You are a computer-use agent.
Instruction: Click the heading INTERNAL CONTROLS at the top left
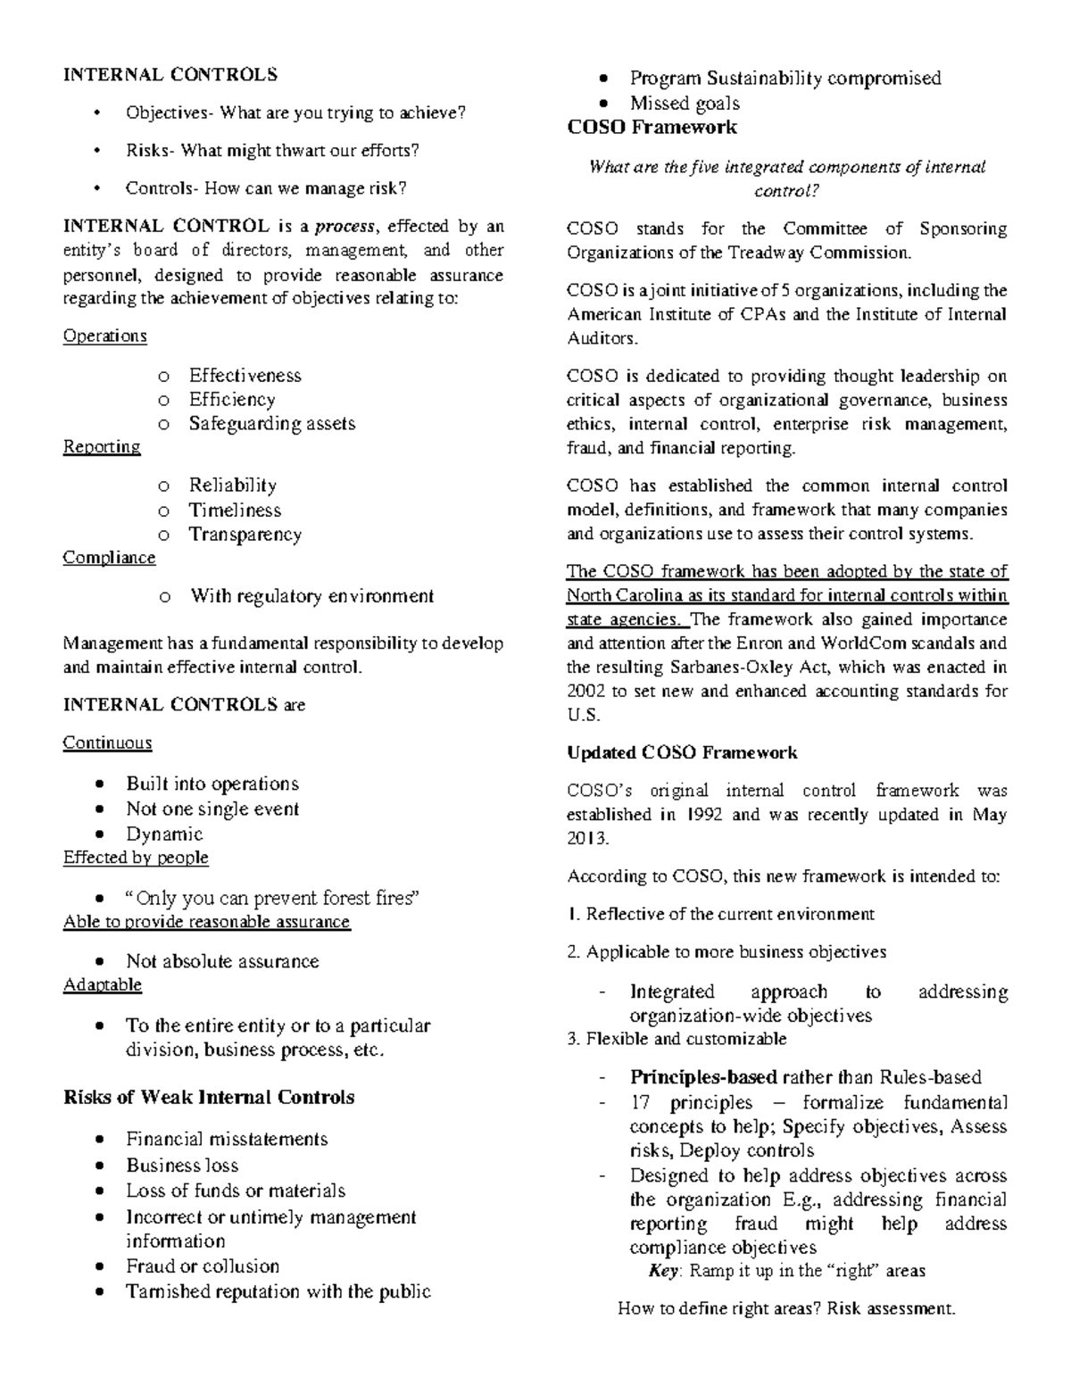click(170, 75)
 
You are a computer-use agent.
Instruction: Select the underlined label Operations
click(104, 336)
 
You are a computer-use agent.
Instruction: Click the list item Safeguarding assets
click(271, 424)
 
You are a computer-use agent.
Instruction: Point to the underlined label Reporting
click(102, 447)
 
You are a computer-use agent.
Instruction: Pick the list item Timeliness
click(235, 510)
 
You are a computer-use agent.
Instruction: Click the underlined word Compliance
click(109, 558)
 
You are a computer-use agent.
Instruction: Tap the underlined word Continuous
click(107, 743)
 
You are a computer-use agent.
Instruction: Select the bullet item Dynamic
click(164, 834)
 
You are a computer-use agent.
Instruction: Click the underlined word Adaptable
click(102, 985)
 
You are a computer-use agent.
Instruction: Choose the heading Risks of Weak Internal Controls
click(209, 1098)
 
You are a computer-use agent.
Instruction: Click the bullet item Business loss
click(182, 1166)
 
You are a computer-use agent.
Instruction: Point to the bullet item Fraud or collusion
click(203, 1266)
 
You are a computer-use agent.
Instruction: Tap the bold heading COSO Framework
click(652, 128)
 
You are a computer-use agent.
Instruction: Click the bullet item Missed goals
click(685, 104)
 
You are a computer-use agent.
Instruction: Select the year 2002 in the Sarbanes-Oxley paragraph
click(585, 692)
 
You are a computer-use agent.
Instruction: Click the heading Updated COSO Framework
click(682, 753)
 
